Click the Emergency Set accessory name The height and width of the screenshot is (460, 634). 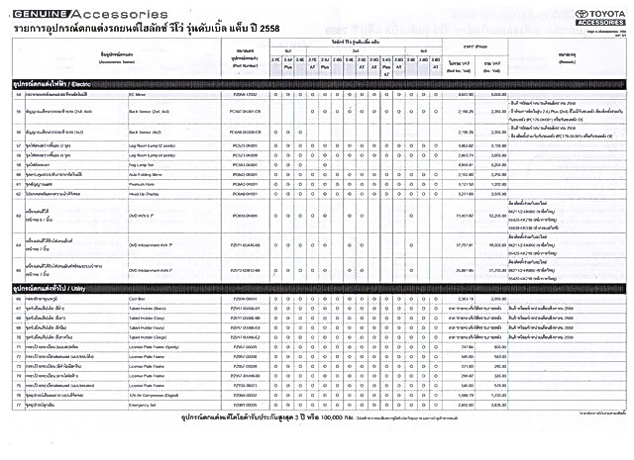[x=145, y=406]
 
